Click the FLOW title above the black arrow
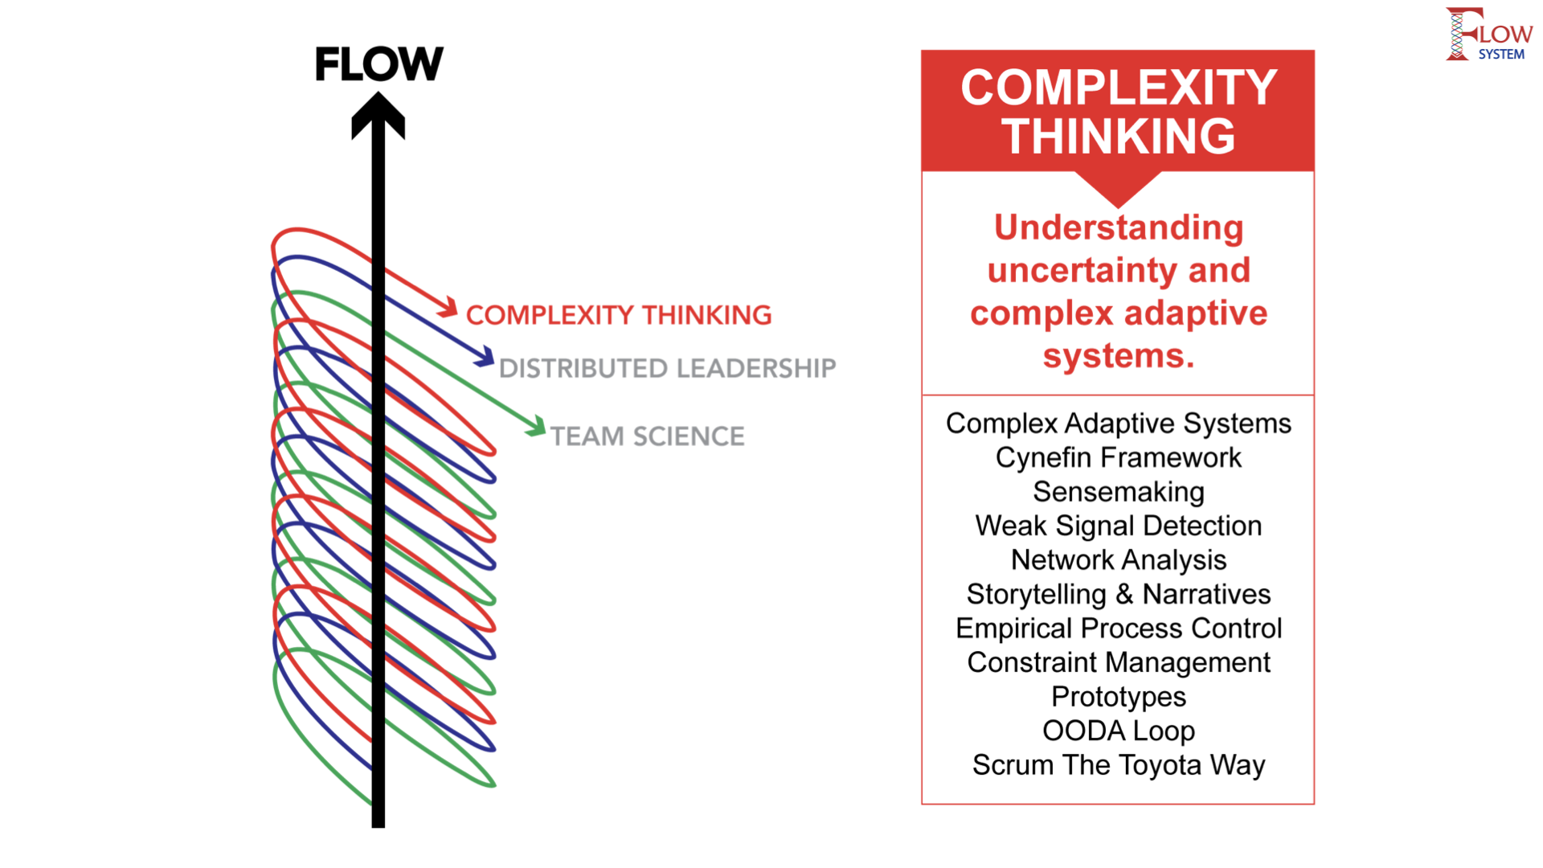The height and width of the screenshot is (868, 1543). (379, 64)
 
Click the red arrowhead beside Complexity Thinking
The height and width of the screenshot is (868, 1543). (448, 307)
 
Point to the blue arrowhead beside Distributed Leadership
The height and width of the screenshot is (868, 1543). (485, 357)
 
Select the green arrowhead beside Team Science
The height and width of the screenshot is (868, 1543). (536, 426)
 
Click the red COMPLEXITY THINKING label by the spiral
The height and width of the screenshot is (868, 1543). (618, 315)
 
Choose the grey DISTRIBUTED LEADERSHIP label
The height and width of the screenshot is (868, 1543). (667, 368)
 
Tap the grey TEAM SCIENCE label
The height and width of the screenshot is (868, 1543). (647, 436)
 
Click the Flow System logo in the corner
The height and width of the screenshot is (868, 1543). (1488, 35)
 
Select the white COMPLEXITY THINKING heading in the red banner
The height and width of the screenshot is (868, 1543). (1118, 111)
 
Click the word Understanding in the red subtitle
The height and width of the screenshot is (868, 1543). (1118, 227)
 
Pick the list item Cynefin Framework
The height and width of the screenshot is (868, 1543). (1118, 457)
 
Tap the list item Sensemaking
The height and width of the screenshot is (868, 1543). (1118, 491)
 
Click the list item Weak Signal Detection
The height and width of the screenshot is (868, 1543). (1118, 526)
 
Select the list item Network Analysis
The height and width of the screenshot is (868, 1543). (1118, 559)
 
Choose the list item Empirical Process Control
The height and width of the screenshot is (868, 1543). (1118, 628)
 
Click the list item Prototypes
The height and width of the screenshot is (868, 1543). (1118, 696)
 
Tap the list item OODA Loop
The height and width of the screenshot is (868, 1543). (1118, 731)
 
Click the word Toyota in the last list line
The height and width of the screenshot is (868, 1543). (1161, 765)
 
